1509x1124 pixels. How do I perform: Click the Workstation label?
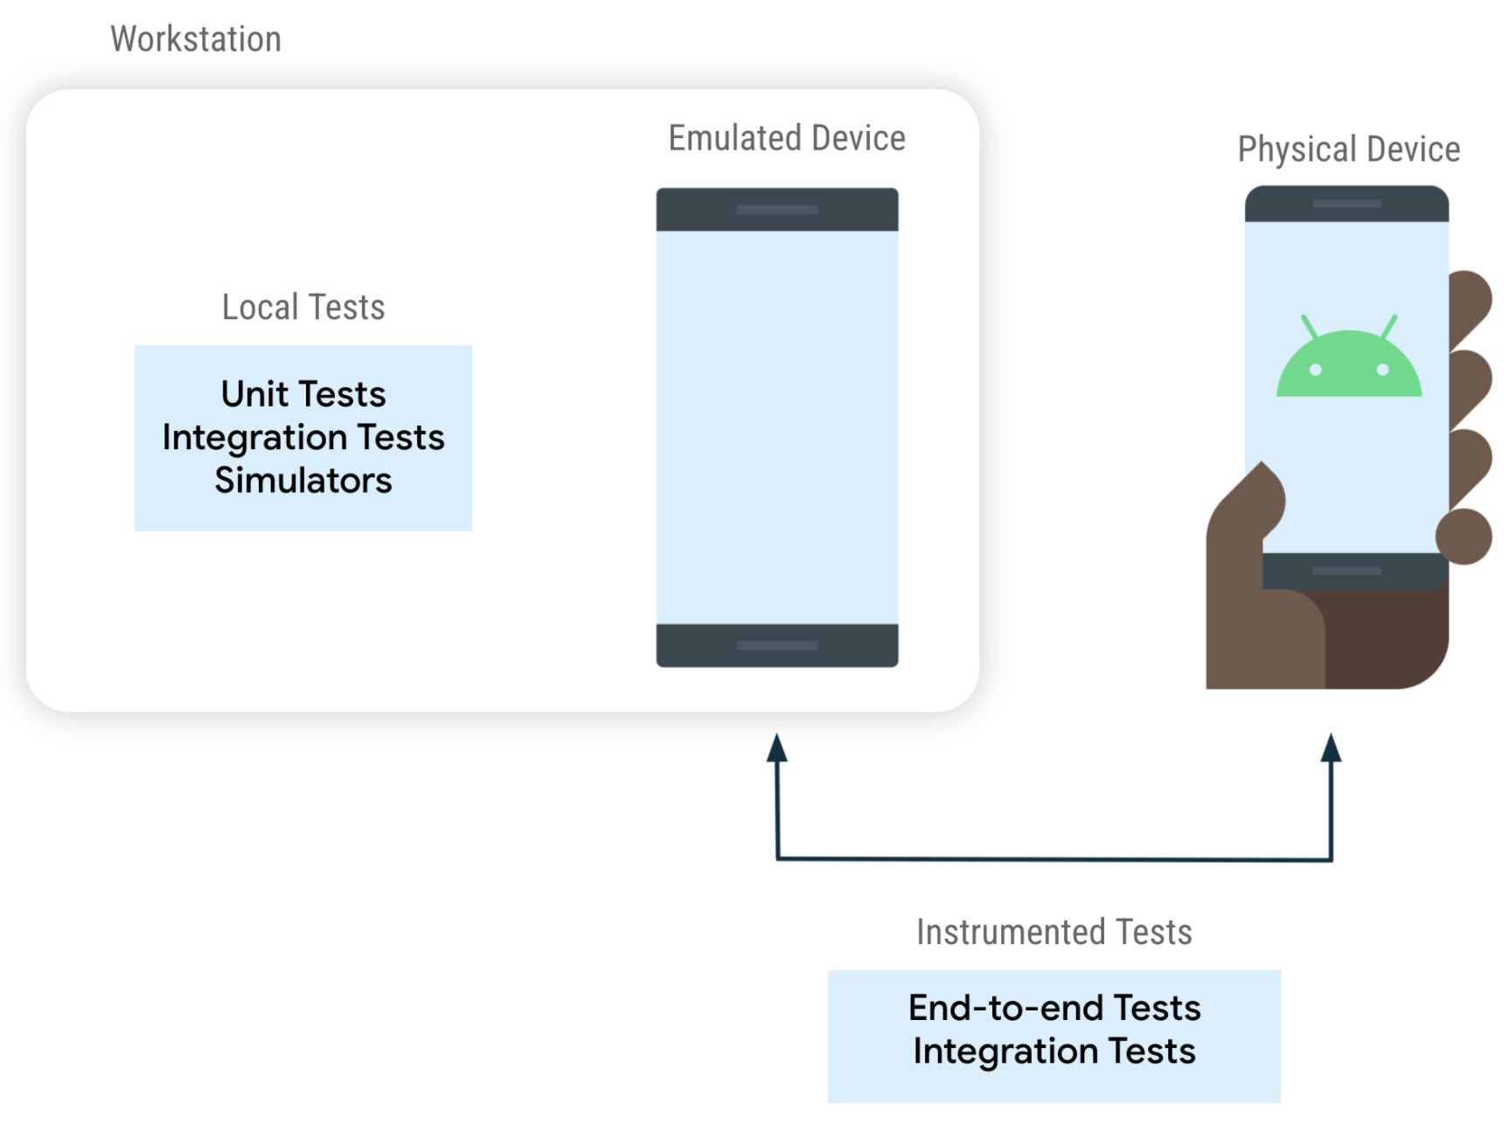pos(196,39)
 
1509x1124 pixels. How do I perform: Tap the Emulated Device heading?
pos(786,138)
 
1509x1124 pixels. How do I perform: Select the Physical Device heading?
pos(1348,149)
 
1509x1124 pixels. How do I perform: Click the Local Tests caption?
pos(302,308)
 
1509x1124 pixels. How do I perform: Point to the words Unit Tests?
pos(302,394)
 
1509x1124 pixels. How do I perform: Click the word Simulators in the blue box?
pos(302,481)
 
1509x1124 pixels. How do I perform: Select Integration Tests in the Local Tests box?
pos(302,437)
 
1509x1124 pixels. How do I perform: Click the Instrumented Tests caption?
pos(1054,933)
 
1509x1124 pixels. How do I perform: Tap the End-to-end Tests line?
pos(1054,1009)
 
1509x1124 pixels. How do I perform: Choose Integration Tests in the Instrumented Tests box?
pos(1054,1051)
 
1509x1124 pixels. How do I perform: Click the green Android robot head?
pos(1348,367)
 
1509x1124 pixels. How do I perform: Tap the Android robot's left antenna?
pos(1309,326)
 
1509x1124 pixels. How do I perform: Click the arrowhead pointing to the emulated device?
pos(776,748)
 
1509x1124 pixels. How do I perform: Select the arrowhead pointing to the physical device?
pos(1331,748)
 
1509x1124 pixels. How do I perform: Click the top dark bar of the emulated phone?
pos(776,210)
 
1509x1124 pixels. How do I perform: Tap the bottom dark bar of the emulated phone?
pos(776,646)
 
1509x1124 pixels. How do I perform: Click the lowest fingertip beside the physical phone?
pos(1464,537)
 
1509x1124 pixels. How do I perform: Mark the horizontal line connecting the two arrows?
pos(1054,859)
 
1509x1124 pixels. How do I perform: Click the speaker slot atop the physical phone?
pos(1346,204)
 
